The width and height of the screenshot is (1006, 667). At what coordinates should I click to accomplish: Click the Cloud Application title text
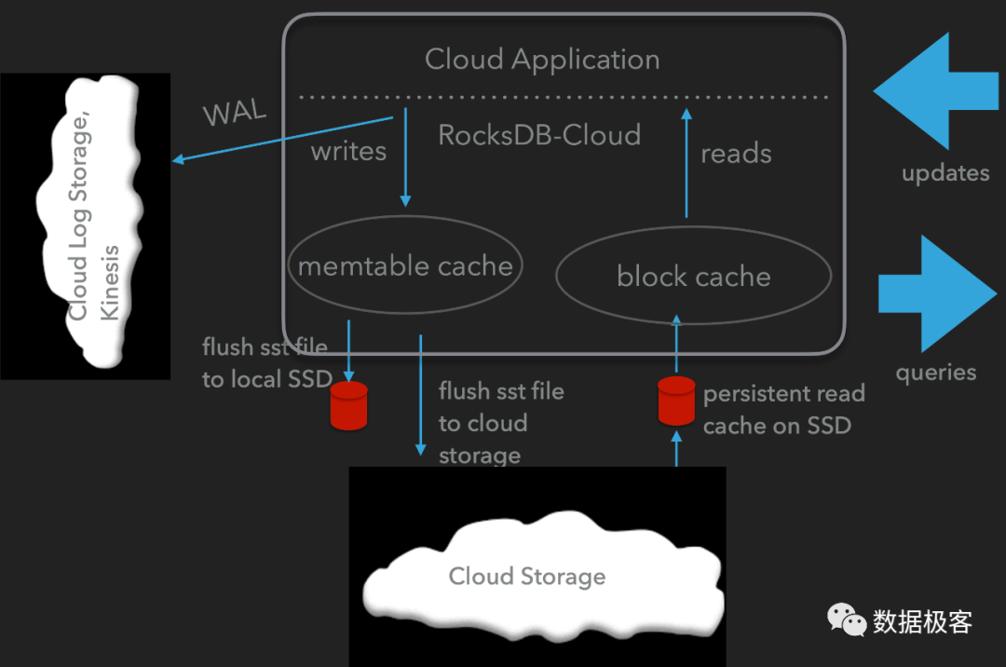pos(542,60)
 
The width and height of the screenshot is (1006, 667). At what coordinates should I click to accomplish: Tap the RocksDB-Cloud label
pos(539,135)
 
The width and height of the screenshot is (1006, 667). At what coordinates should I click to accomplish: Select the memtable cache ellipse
pos(405,265)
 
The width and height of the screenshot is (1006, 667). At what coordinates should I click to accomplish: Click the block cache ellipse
pos(693,276)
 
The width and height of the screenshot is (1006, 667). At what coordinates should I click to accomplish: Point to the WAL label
pos(235,114)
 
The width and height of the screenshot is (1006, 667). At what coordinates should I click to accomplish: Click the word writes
pos(348,151)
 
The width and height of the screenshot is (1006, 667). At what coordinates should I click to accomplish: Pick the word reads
pos(736,154)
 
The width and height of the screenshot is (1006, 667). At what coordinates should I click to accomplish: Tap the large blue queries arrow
pos(936,293)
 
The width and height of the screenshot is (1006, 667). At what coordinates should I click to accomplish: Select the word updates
pos(945,173)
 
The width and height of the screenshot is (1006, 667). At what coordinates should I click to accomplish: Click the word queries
pos(935,373)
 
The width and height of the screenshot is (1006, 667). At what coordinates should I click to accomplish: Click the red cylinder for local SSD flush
pos(349,404)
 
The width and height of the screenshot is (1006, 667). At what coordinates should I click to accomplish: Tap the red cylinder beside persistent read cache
pos(676,399)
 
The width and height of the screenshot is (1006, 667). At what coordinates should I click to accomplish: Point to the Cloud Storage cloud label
pos(527,577)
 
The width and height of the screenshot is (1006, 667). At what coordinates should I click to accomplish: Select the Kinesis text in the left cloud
pos(110,283)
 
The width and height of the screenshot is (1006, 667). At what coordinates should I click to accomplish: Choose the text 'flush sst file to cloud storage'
pos(501,423)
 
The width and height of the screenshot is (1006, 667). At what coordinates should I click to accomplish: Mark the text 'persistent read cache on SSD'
pos(783,410)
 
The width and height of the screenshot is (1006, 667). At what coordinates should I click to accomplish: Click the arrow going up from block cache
pos(687,163)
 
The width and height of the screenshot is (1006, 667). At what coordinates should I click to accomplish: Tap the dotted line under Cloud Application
pos(563,96)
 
